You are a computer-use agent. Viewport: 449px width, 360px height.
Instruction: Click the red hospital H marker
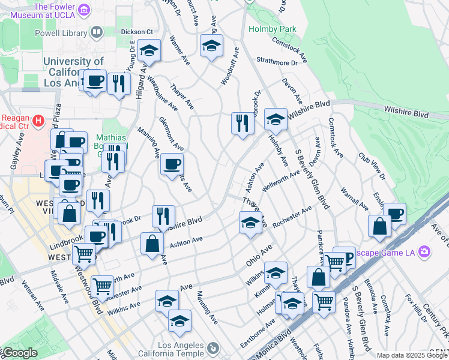click(x=39, y=121)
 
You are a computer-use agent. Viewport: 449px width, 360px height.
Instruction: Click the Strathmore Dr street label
click(x=277, y=61)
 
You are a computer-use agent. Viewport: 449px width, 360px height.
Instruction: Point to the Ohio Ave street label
click(x=259, y=256)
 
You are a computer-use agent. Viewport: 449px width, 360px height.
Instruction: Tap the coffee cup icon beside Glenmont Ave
click(x=172, y=164)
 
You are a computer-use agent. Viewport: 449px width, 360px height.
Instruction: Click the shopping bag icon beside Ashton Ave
click(x=152, y=243)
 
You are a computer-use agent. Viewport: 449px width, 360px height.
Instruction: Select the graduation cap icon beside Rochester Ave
click(x=250, y=223)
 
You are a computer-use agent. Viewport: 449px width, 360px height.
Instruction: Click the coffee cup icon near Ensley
click(x=395, y=213)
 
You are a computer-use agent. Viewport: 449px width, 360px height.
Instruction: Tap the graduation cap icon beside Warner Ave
click(x=149, y=50)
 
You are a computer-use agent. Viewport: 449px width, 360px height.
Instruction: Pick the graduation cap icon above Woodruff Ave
click(x=211, y=45)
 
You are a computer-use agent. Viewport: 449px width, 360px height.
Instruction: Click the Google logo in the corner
click(x=19, y=353)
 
